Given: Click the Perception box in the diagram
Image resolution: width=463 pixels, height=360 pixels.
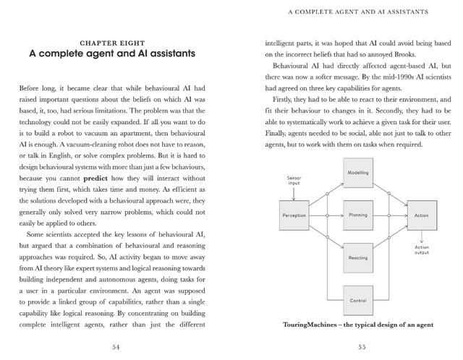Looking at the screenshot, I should pos(294,215).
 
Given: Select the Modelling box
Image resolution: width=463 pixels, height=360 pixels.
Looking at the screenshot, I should pos(357,173).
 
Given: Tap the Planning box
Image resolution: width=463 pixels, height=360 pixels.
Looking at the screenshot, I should pos(357,215).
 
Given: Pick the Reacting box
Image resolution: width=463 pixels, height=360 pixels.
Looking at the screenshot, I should pos(357,257).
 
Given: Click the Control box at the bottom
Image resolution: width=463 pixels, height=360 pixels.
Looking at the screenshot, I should pos(357,300).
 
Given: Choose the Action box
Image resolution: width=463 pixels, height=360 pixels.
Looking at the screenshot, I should pos(420,215).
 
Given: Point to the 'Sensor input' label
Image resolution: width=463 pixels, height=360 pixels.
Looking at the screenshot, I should pos(294,180).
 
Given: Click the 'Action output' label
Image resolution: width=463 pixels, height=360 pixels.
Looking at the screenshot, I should pos(421,250).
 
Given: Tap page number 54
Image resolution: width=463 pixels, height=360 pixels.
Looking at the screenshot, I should pos(116,348).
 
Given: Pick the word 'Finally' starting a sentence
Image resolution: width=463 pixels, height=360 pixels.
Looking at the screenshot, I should pos(281,134).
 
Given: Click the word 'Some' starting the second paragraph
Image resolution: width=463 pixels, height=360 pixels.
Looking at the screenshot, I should pos(38,235).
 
